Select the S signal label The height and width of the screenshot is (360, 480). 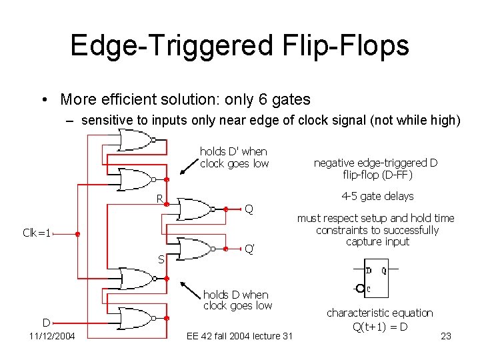pyautogui.click(x=160, y=259)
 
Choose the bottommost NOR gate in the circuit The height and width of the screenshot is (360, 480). pyautogui.click(x=136, y=319)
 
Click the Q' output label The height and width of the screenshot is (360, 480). pyautogui.click(x=249, y=249)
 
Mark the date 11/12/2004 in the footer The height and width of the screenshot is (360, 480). pyautogui.click(x=52, y=336)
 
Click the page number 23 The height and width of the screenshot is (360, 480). pyautogui.click(x=446, y=336)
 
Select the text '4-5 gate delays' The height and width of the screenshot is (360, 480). pyautogui.click(x=377, y=196)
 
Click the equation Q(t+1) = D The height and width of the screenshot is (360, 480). pyautogui.click(x=380, y=326)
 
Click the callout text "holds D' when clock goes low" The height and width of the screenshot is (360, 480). pyautogui.click(x=234, y=157)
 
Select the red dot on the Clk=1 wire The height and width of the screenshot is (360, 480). pyautogui.click(x=77, y=234)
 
